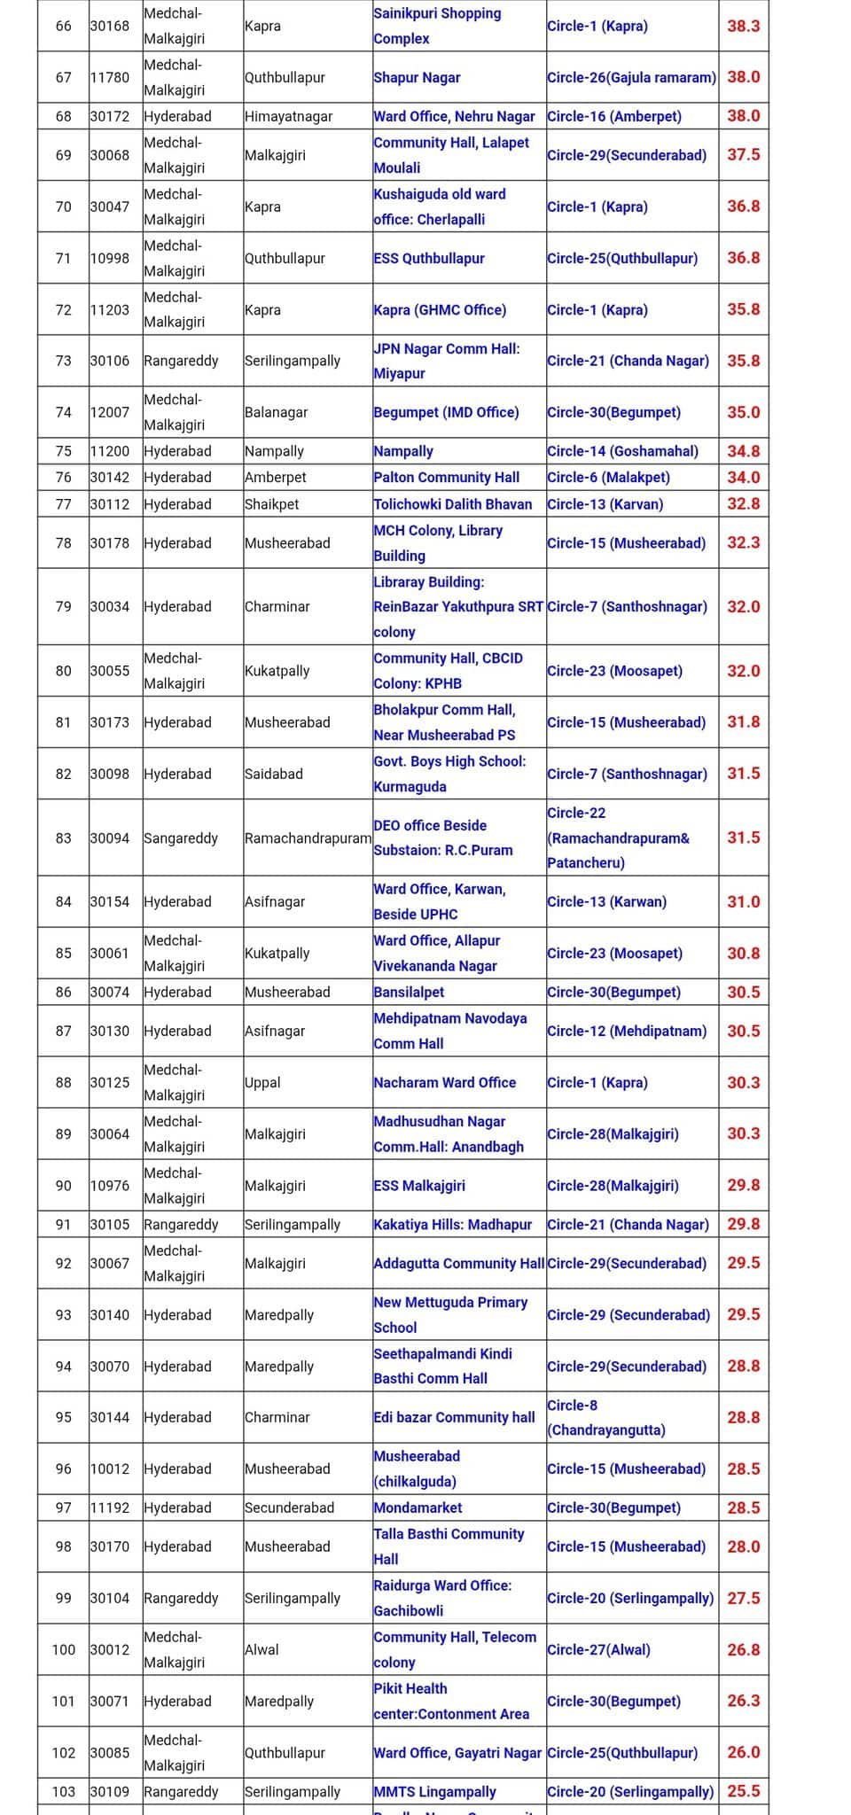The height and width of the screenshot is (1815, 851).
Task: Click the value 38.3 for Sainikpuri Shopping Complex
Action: point(743,26)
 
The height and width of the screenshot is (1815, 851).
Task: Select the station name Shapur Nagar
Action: point(417,77)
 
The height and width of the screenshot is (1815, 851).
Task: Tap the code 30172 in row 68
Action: point(110,116)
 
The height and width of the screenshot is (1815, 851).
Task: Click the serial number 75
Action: point(63,451)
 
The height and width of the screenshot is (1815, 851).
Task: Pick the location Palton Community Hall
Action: point(446,477)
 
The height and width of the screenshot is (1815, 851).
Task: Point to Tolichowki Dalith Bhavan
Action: point(452,504)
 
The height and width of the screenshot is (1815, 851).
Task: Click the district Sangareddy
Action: point(181,837)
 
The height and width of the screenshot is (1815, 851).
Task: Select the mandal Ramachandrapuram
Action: point(308,837)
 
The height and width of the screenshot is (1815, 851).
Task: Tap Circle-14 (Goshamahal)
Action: point(622,451)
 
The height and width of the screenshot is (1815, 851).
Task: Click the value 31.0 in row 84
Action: point(743,901)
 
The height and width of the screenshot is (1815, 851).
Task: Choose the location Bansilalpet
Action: point(409,992)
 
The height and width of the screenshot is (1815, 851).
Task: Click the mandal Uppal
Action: point(262,1082)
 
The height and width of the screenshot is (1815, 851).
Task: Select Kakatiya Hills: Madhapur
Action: point(452,1224)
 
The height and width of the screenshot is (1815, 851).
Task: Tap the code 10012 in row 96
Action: point(110,1468)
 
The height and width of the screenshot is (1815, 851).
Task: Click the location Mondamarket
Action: point(418,1507)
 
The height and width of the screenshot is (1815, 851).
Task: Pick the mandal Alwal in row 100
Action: point(262,1649)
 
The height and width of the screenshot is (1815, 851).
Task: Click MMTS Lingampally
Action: point(434,1791)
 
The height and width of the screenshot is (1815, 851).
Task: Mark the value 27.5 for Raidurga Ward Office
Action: point(743,1598)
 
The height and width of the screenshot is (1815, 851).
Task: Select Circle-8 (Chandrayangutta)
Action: point(606,1417)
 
